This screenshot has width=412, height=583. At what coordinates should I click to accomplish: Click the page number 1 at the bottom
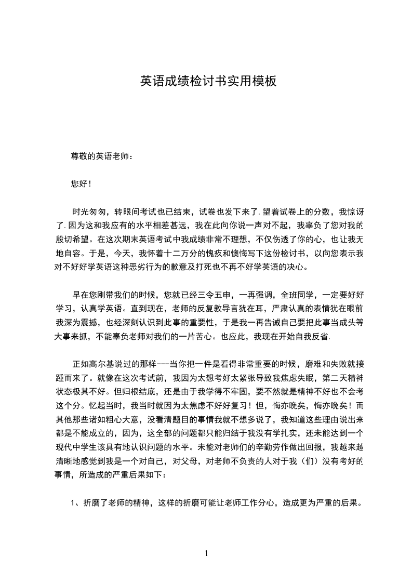[x=206, y=553]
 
